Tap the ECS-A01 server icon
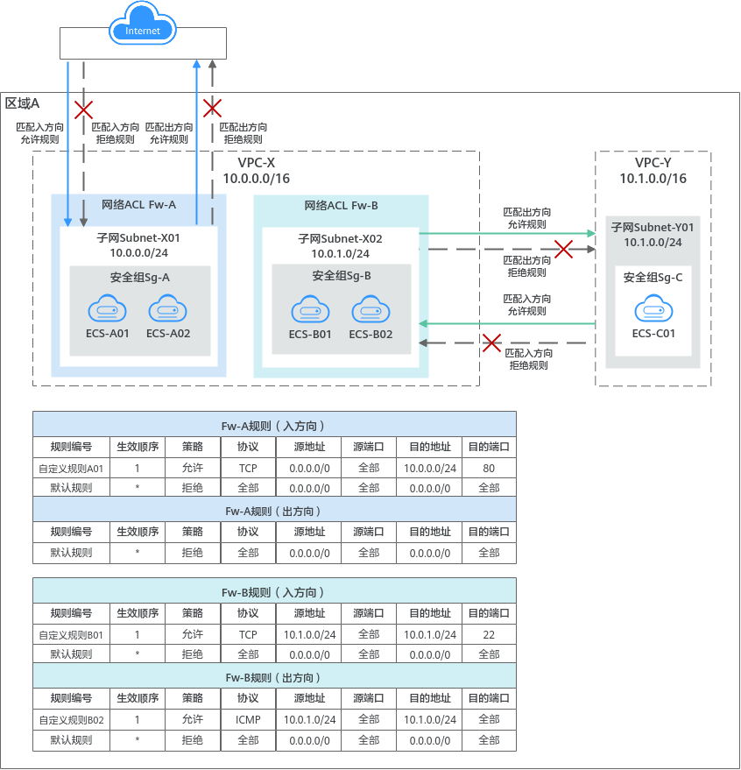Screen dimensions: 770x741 (107, 310)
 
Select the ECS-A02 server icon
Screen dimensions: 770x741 (168, 310)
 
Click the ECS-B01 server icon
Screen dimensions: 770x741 (310, 310)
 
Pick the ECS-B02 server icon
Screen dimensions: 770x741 (370, 310)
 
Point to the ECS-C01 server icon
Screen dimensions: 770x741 (653, 309)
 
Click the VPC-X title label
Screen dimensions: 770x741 (257, 163)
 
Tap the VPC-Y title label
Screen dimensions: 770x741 (653, 163)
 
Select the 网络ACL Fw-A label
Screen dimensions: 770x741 (138, 205)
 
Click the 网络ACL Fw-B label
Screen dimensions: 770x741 (341, 205)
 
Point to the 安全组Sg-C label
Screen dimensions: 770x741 (653, 278)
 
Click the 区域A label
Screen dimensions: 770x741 (23, 103)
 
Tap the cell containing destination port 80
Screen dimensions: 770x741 (489, 468)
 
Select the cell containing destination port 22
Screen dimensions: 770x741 (489, 634)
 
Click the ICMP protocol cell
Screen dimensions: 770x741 (248, 719)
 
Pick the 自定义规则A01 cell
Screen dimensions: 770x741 (71, 468)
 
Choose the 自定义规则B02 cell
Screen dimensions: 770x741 (71, 719)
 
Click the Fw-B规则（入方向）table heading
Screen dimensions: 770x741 (274, 592)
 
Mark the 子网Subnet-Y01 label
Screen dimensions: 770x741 (653, 228)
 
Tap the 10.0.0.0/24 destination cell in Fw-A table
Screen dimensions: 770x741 (430, 468)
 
